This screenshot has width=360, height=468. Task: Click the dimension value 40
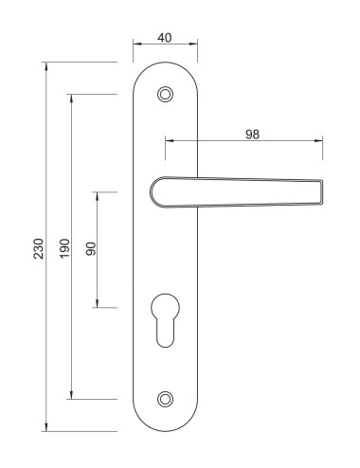pos(166,38)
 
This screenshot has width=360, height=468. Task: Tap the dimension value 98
pos(252,135)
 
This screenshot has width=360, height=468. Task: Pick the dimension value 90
pos(91,250)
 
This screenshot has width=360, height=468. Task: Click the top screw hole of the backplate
pos(167,94)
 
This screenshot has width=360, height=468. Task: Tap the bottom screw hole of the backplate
pos(167,400)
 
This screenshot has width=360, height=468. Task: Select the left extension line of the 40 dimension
pos(134,52)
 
